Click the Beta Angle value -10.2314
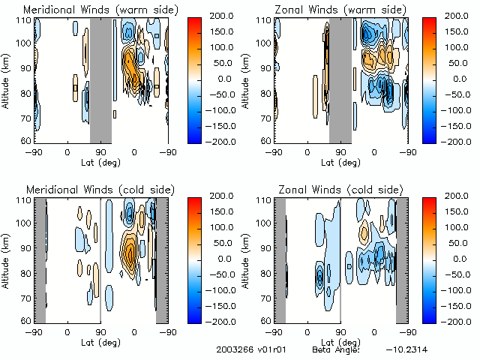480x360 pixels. (408, 350)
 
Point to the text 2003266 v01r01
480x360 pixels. (246, 350)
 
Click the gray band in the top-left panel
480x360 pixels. (100, 79)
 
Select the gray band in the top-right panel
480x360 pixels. (340, 79)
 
